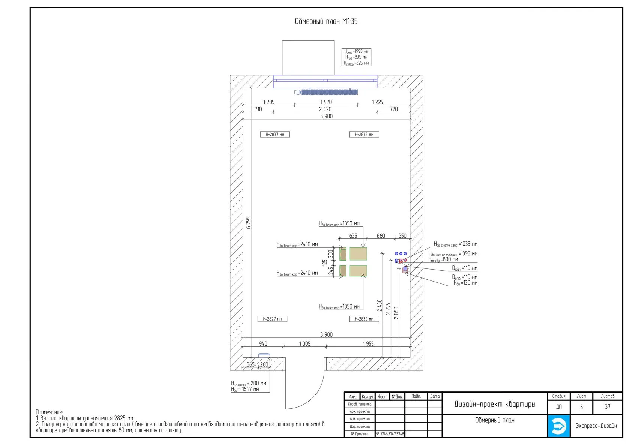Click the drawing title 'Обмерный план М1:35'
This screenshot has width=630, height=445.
(x=326, y=21)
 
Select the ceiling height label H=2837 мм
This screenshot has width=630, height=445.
(x=275, y=134)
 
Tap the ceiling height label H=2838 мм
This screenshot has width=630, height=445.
(x=364, y=134)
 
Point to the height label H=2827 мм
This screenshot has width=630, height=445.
(x=272, y=319)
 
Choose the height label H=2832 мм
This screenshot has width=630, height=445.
(x=364, y=319)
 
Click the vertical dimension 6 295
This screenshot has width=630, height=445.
(x=248, y=222)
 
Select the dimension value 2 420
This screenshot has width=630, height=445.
(x=325, y=109)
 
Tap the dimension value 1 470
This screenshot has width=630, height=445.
(x=326, y=102)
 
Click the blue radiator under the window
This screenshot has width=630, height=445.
(x=329, y=92)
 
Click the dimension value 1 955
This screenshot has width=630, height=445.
(x=368, y=343)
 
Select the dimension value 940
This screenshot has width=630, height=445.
(x=263, y=343)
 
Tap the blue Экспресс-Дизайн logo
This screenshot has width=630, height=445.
(x=558, y=426)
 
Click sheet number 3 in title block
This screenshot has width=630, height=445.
(x=581, y=407)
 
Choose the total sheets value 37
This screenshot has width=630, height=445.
(x=607, y=407)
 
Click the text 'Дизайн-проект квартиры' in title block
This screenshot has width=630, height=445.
(x=495, y=404)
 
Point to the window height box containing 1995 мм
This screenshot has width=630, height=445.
(x=356, y=57)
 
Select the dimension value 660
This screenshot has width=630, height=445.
(x=381, y=236)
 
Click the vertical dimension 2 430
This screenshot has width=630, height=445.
(x=379, y=305)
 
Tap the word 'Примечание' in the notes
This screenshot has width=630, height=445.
(x=49, y=412)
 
